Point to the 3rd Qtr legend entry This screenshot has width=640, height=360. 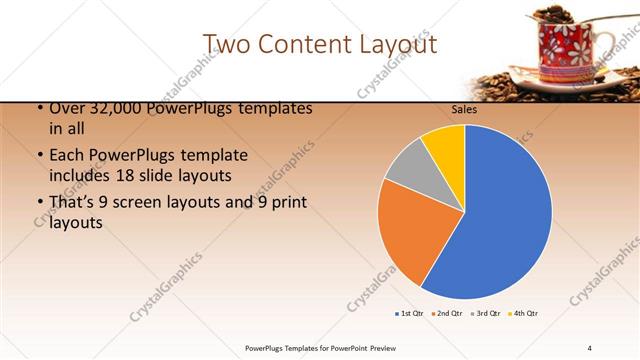[486, 314]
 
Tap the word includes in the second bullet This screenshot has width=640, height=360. [81, 176]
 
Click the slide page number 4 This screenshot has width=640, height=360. [590, 347]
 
